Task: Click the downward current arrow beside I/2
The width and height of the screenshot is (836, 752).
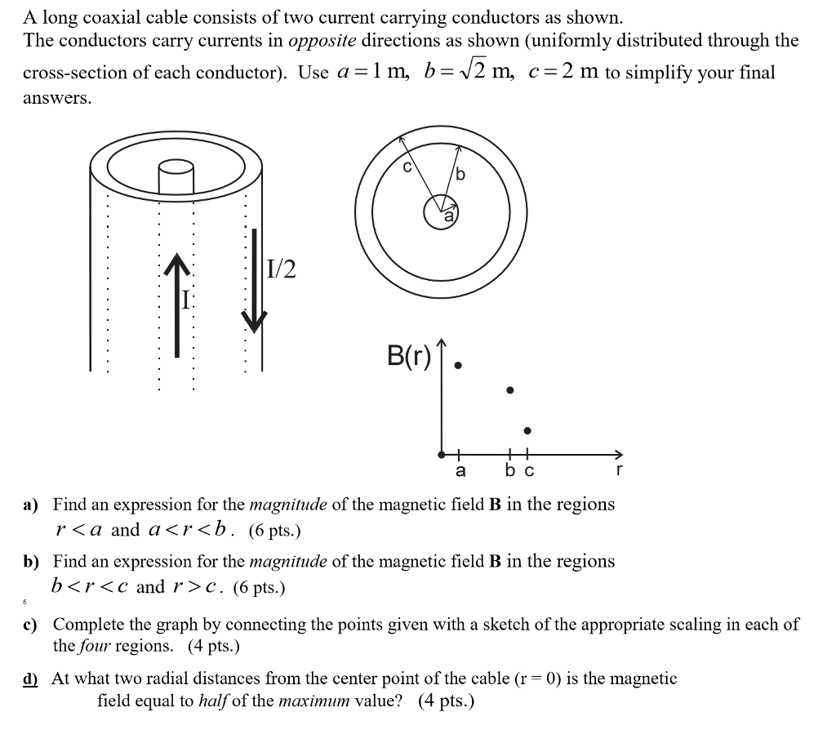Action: coord(255,282)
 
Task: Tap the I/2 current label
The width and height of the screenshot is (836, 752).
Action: coord(282,269)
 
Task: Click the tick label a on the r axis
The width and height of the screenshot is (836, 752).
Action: coord(460,471)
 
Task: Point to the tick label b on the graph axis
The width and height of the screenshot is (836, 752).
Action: coord(510,471)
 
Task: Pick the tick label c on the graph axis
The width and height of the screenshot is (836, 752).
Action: coord(528,471)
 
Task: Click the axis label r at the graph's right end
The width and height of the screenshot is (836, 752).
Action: coord(619,471)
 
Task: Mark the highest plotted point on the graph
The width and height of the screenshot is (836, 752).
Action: coord(458,365)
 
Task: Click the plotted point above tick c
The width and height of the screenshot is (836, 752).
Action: coord(527,429)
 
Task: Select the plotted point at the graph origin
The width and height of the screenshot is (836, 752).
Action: coord(442,453)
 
